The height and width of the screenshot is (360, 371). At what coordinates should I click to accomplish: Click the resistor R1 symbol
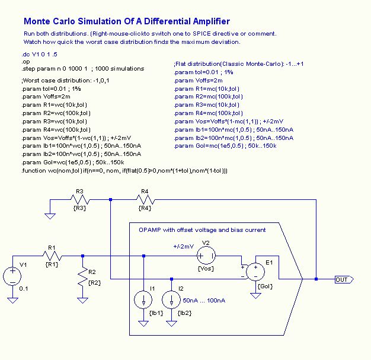point(52,256)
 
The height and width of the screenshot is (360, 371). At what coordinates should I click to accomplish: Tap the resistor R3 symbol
point(80,200)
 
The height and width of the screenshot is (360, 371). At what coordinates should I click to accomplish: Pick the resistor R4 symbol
point(144,200)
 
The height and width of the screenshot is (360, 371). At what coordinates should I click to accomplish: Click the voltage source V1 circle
point(13,276)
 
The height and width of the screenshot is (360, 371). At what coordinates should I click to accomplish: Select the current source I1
point(143,300)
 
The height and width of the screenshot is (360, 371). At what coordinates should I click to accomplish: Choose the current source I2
point(171,300)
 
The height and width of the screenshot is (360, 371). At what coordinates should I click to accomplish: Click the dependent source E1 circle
point(255,272)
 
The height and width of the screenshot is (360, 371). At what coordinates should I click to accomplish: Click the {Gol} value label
point(266,286)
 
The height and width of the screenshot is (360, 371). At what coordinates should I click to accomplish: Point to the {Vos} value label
point(206,269)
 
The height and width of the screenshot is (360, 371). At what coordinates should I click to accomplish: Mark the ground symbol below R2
point(82,300)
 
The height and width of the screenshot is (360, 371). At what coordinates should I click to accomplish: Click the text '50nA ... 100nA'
point(203,301)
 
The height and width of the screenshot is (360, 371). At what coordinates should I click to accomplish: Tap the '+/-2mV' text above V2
point(183,246)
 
